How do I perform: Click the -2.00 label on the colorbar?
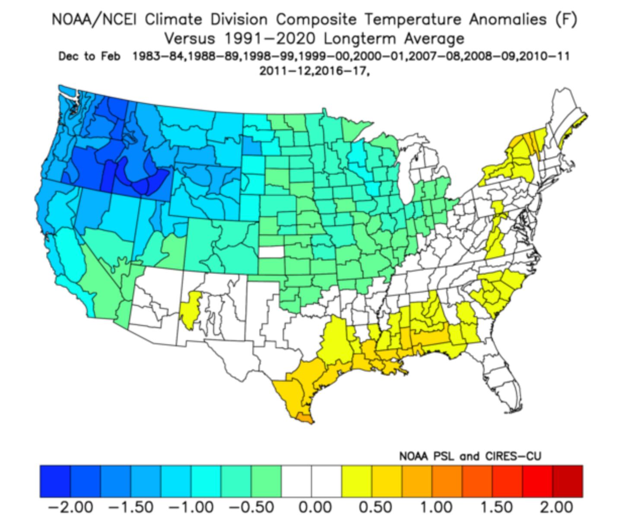[x=70, y=506]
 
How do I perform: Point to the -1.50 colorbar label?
[x=131, y=506]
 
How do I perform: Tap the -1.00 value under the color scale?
[x=191, y=506]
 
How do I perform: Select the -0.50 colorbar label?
[x=251, y=506]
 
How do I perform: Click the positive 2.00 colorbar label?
[x=556, y=506]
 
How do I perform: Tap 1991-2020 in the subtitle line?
[x=270, y=39]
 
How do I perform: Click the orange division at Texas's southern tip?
[x=304, y=418]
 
